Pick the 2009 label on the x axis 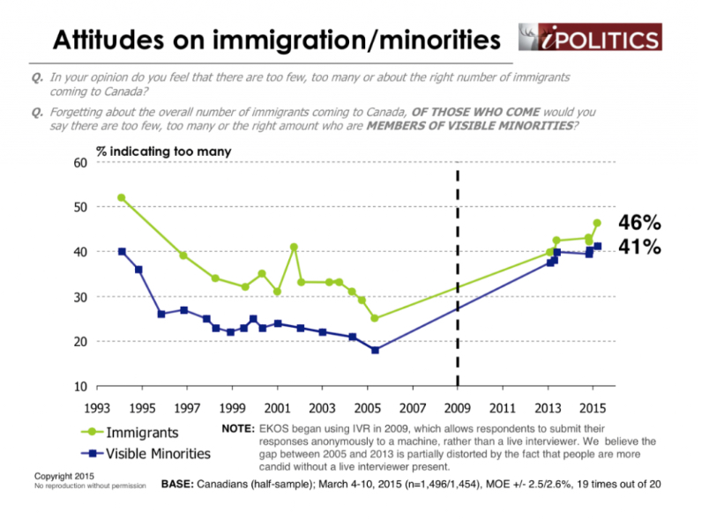(458, 409)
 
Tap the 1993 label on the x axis (98, 409)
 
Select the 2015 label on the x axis (593, 409)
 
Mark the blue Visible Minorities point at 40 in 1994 (122, 251)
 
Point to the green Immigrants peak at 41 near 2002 (294, 247)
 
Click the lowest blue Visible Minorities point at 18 (375, 350)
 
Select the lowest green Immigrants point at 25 (375, 318)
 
